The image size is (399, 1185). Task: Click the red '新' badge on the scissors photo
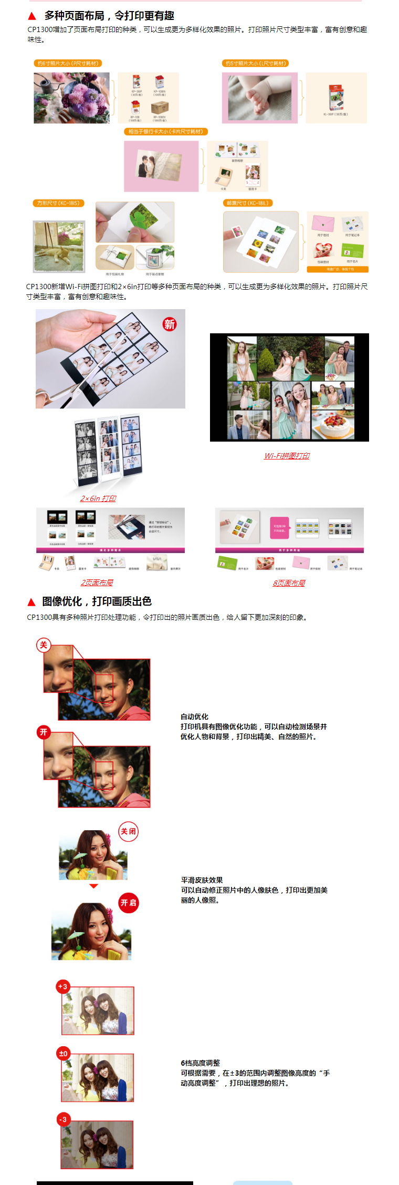pos(169,324)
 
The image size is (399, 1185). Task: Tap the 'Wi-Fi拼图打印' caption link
pos(287,456)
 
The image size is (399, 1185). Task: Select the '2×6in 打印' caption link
pos(98,498)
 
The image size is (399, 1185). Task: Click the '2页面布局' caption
pos(97,583)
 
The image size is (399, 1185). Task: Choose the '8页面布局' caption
pos(289,583)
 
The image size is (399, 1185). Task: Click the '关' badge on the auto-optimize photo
pos(44,645)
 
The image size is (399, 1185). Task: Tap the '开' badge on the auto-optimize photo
pos(44,732)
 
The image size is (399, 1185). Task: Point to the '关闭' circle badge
pos(128,831)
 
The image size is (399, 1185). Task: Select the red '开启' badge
pos(128,903)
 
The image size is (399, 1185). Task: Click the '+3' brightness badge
pos(63,986)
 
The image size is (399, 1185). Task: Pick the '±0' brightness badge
pos(64,1053)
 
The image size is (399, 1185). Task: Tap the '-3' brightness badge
pos(63,1119)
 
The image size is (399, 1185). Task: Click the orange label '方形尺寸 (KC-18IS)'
pos(58,203)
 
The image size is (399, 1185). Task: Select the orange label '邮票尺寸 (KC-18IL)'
pos(248,203)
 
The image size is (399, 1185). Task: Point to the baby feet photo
pos(259,98)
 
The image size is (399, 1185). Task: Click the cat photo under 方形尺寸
pos(59,247)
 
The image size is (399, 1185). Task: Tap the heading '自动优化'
pos(194,717)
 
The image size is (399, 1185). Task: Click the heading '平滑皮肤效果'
pos(202,880)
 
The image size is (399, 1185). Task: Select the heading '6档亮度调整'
pos(200,1063)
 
